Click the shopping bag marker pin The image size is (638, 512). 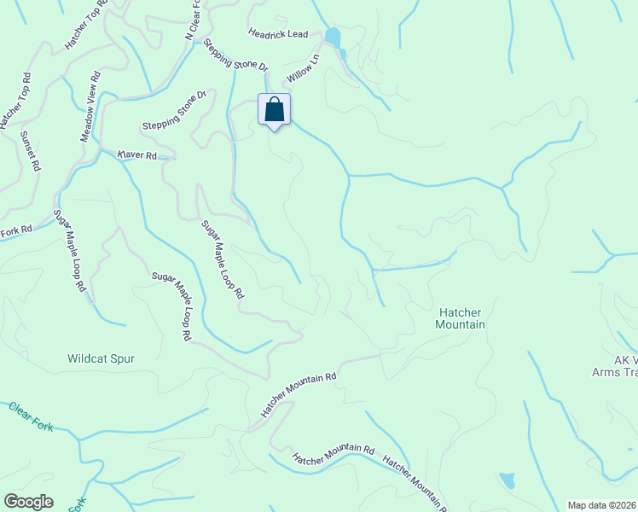(274, 111)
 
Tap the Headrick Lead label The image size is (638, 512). (277, 34)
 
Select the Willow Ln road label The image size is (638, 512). (302, 69)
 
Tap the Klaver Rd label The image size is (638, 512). (137, 155)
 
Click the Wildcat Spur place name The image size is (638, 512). (101, 359)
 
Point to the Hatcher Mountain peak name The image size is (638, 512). (461, 318)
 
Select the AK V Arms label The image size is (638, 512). (616, 365)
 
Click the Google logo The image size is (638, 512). (28, 502)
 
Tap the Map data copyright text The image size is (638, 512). (602, 505)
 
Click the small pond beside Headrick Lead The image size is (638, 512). (332, 38)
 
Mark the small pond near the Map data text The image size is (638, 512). (507, 480)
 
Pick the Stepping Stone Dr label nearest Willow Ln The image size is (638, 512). (235, 53)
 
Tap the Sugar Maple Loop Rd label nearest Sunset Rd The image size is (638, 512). (70, 251)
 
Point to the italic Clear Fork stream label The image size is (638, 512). (32, 416)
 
